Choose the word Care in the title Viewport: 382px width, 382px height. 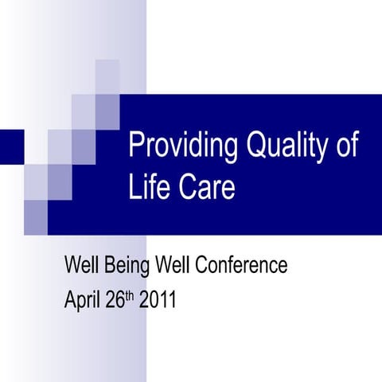[207, 189]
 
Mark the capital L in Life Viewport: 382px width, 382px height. [134, 189]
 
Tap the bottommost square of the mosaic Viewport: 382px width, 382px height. [36, 212]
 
